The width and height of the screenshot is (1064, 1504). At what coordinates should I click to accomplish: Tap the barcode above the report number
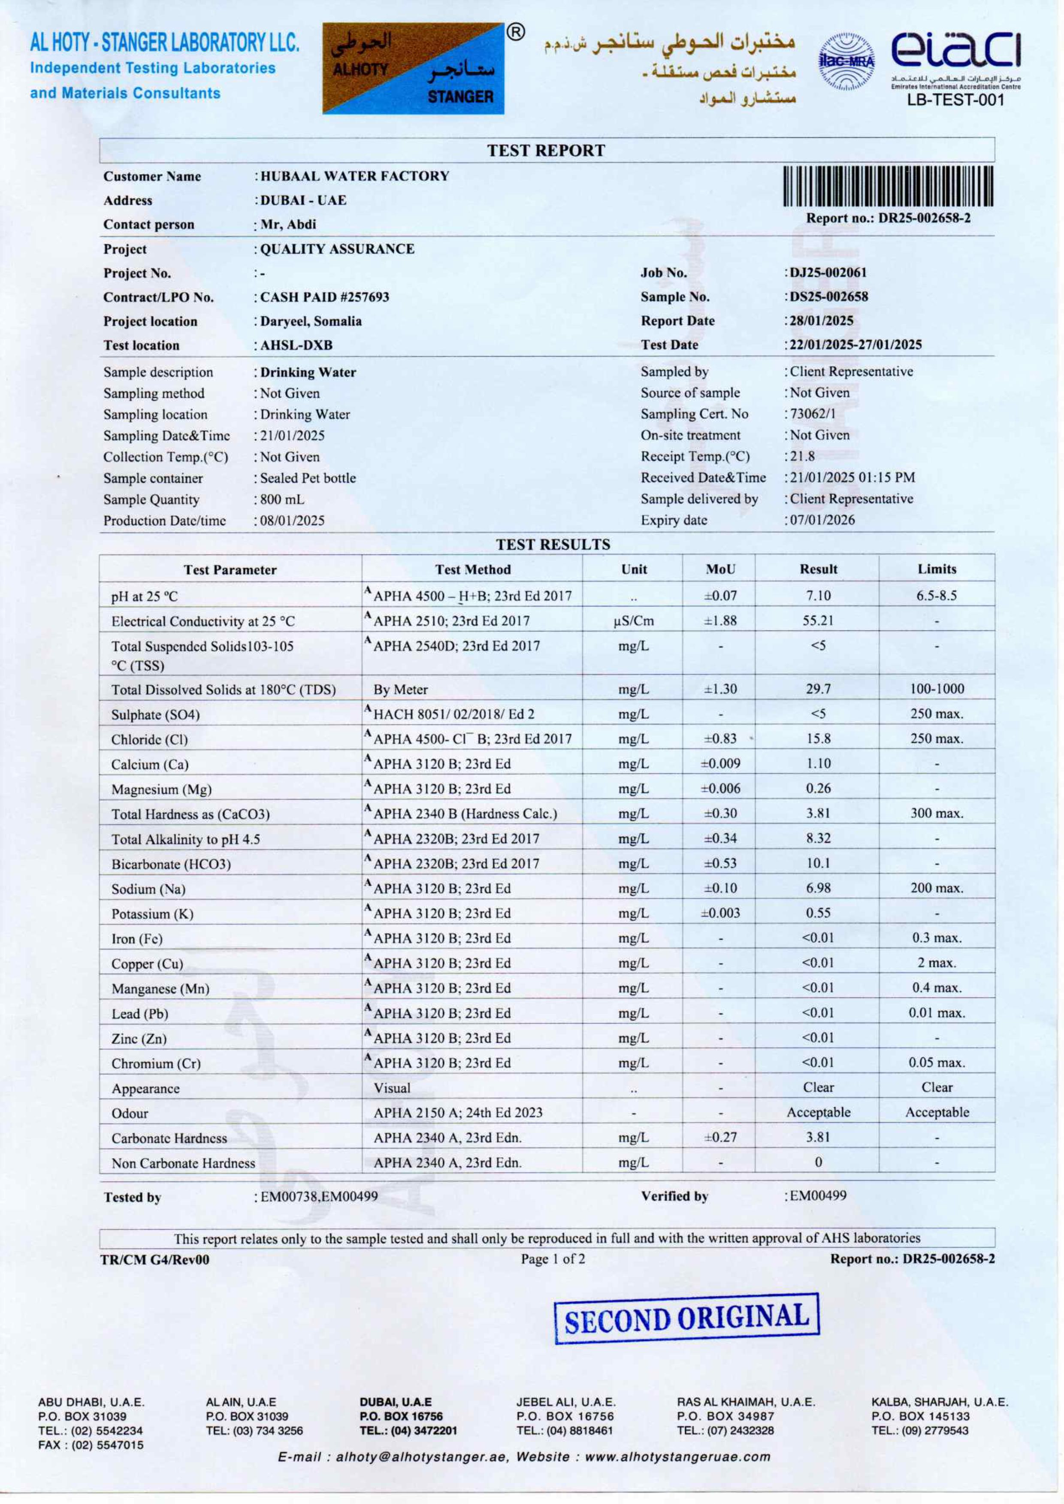click(x=888, y=186)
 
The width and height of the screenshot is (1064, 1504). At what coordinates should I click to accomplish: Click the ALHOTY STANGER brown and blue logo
click(x=414, y=69)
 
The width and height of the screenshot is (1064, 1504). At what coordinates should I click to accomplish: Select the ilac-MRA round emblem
click(x=847, y=62)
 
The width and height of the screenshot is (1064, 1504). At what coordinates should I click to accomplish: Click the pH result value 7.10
click(x=818, y=596)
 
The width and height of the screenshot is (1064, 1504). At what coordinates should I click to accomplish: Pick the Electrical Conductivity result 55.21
click(x=818, y=620)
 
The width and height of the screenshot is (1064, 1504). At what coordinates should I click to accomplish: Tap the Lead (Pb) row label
click(x=139, y=1014)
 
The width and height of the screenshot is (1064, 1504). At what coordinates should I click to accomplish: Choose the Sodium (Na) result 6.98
click(x=818, y=888)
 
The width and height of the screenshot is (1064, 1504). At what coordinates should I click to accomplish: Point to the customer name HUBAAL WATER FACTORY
click(x=354, y=176)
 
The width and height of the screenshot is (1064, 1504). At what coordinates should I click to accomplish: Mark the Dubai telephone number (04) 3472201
click(x=409, y=1431)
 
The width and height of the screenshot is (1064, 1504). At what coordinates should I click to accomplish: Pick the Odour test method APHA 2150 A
click(x=458, y=1113)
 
